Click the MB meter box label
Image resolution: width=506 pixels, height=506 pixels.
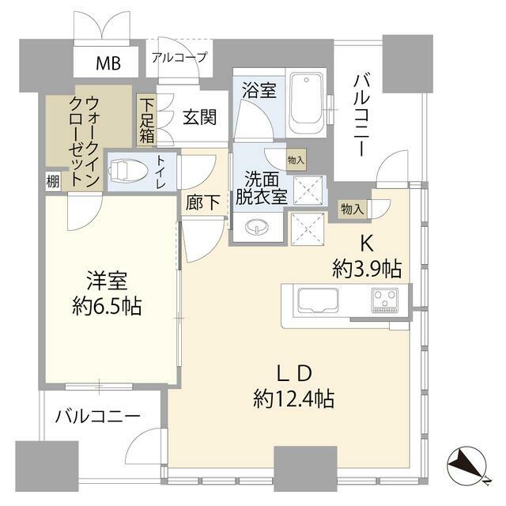click(108, 63)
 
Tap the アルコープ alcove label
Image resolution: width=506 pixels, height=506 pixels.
click(179, 58)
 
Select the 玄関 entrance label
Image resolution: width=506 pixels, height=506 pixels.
click(200, 117)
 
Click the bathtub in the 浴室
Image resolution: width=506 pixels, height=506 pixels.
click(306, 103)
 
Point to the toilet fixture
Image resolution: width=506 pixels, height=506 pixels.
click(128, 170)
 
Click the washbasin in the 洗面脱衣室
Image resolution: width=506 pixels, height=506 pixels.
click(257, 227)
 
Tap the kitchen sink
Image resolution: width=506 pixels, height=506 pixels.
click(318, 300)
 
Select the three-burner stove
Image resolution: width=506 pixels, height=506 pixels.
click(384, 300)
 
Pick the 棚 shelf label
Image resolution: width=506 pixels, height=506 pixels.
click(53, 181)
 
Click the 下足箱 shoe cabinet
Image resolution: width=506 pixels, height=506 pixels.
click(146, 121)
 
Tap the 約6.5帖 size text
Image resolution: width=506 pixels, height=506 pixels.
click(107, 307)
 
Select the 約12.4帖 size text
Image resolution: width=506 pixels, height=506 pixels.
click(293, 399)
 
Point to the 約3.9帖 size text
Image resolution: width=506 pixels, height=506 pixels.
click(367, 269)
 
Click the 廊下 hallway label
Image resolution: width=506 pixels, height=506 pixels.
click(203, 202)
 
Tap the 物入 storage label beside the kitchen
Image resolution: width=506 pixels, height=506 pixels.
click(352, 210)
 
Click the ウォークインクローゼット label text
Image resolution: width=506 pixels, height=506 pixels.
click(85, 142)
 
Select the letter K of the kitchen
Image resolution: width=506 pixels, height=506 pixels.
click(367, 244)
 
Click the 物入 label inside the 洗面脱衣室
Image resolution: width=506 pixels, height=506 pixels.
click(296, 160)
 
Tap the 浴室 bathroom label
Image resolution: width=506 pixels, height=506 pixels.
click(259, 90)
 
